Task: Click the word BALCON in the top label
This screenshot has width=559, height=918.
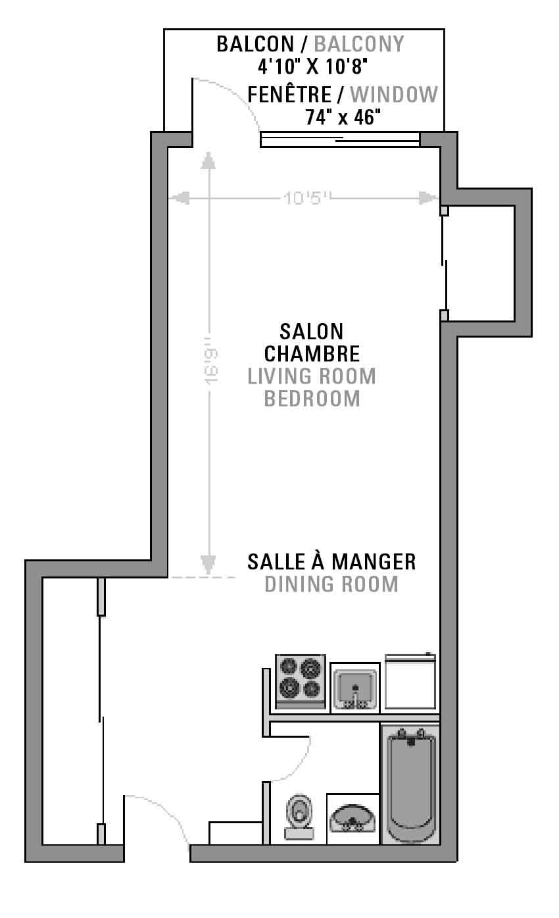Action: [x=255, y=44]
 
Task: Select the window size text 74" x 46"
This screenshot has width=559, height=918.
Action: [x=343, y=117]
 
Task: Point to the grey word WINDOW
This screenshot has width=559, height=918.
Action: [x=394, y=95]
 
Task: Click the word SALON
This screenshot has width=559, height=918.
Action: [x=312, y=332]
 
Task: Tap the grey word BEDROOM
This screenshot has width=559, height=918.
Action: [x=312, y=399]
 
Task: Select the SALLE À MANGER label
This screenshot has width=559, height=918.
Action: [x=331, y=562]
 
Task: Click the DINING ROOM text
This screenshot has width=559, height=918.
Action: [x=331, y=584]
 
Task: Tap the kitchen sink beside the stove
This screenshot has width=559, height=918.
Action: [x=355, y=688]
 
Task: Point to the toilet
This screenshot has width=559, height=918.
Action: [x=299, y=818]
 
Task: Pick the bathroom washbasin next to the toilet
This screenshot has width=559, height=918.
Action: [x=352, y=819]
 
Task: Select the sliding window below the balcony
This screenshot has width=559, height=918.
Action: [x=340, y=140]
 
